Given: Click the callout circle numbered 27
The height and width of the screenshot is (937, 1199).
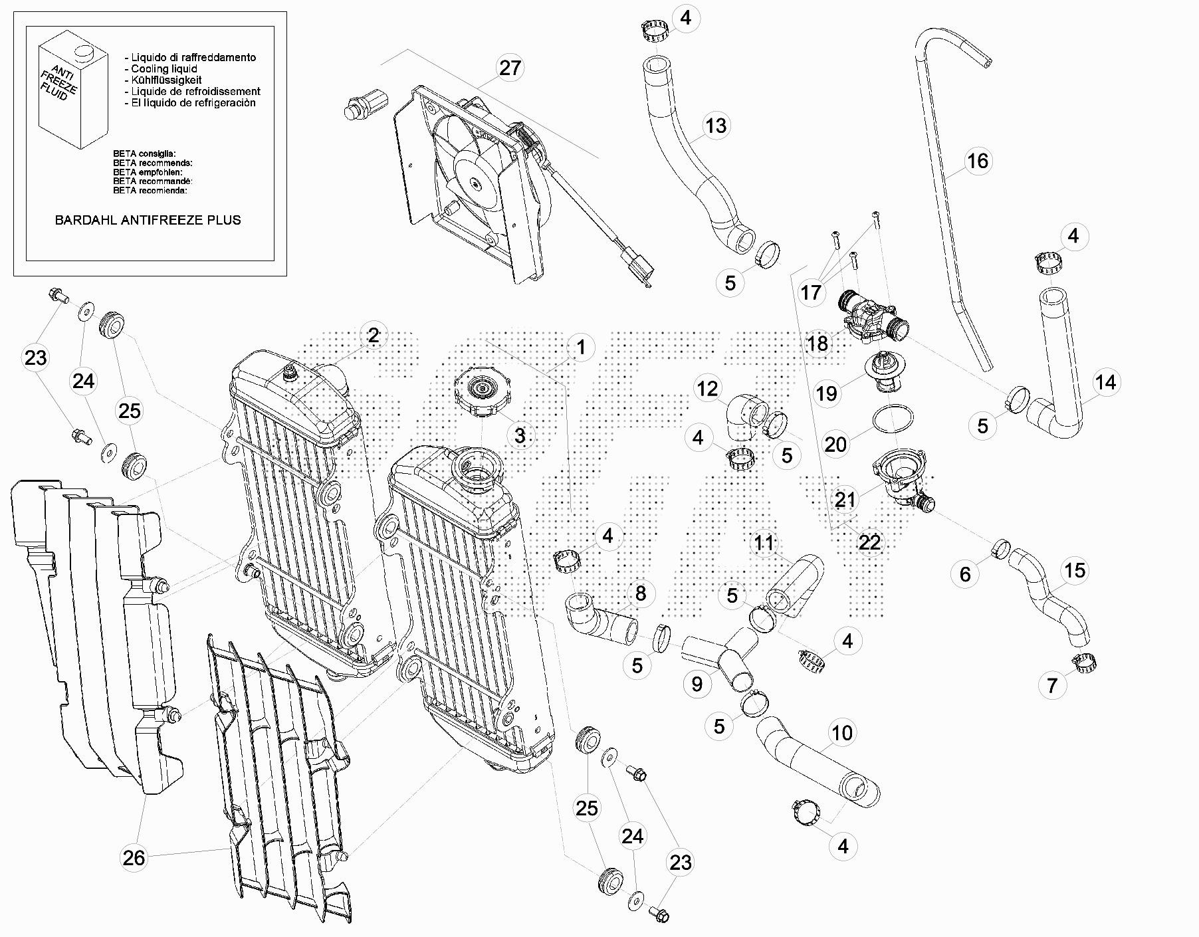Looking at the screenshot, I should [x=510, y=68].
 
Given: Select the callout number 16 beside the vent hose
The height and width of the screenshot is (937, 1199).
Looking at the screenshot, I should [x=977, y=161].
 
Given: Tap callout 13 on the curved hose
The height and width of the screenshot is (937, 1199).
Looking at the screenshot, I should [x=716, y=126].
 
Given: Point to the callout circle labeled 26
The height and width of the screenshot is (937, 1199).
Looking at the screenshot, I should [x=134, y=858].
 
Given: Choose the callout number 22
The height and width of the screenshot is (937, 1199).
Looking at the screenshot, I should [x=869, y=543].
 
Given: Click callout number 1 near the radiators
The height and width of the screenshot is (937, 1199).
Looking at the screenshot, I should [x=581, y=347].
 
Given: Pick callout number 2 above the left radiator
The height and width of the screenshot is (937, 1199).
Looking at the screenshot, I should [x=374, y=336].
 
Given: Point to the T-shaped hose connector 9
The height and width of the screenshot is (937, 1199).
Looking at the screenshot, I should [x=724, y=654].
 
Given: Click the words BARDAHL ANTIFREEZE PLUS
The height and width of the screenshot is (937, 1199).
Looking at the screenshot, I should [x=148, y=220].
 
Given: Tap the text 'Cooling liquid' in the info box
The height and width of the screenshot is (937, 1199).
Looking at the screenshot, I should [x=163, y=69].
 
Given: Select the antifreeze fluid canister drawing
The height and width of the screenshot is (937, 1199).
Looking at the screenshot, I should [x=72, y=93].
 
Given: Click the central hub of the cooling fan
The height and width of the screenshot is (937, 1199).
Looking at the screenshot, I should [x=475, y=183].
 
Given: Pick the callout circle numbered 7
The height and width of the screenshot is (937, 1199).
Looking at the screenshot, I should [x=1052, y=685].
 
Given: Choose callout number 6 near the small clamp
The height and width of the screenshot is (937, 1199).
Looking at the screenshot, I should [x=965, y=574].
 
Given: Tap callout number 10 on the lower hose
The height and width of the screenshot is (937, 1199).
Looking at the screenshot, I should [x=842, y=733].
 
